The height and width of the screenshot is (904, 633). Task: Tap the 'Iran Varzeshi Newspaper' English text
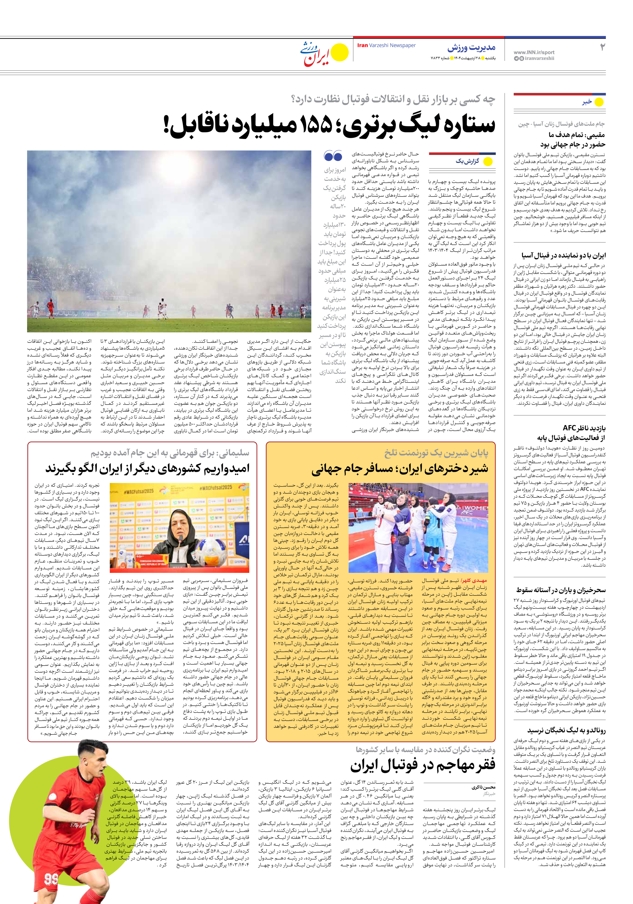pos(386,45)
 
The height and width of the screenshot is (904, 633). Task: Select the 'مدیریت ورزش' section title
pos(471,48)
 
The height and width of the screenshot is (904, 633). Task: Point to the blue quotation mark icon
pos(333,156)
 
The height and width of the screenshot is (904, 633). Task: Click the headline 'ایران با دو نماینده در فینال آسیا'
pos(563,255)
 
